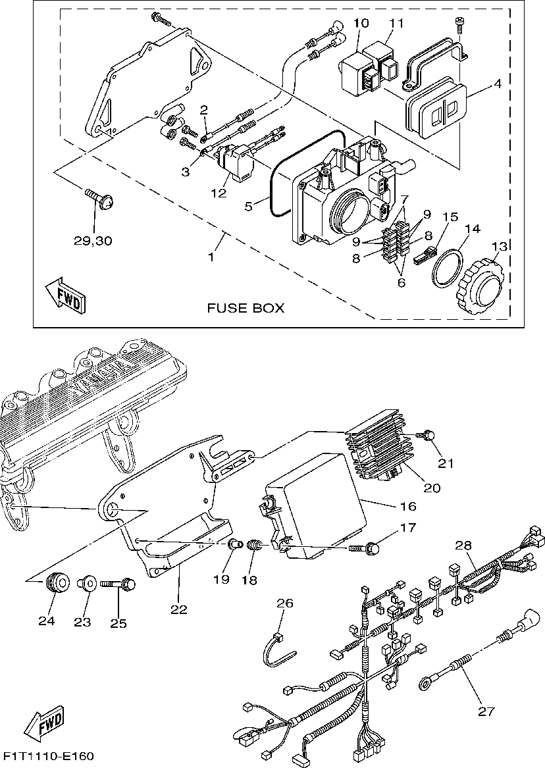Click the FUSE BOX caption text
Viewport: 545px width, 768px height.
[x=246, y=308]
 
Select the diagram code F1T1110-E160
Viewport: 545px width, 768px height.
[x=47, y=755]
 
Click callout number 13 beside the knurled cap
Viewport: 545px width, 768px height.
[x=500, y=247]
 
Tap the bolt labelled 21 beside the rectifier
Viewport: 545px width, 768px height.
[x=429, y=435]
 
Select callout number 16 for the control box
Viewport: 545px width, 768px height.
[x=408, y=506]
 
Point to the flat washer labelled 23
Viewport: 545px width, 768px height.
[x=86, y=583]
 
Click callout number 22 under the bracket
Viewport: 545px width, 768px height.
[x=179, y=609]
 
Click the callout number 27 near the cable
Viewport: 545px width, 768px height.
[x=486, y=711]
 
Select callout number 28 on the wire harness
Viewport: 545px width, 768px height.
[x=463, y=546]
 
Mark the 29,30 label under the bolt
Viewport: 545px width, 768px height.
[x=93, y=240]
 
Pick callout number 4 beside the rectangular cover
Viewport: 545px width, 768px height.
[x=498, y=84]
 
